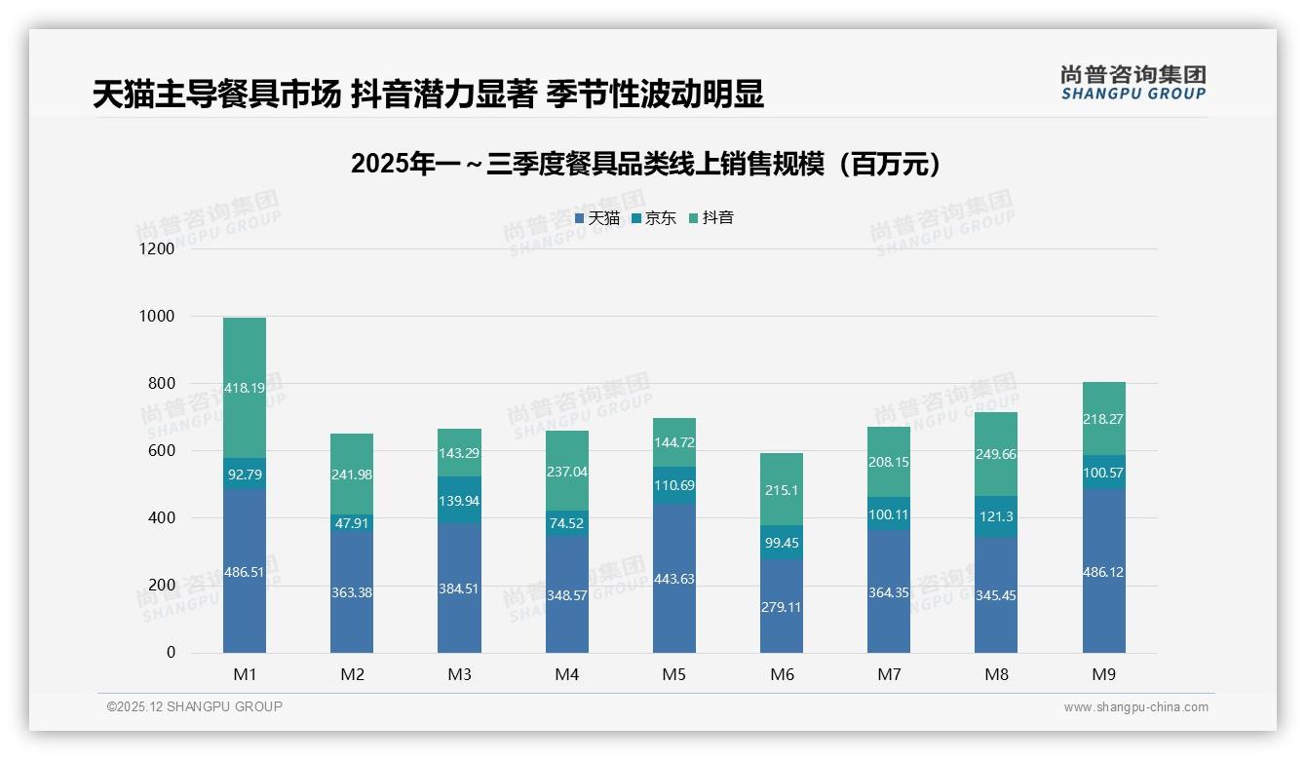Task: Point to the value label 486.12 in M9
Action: (1103, 572)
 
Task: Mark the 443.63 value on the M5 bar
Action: (674, 579)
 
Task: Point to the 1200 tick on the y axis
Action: (157, 248)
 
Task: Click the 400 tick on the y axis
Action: (161, 518)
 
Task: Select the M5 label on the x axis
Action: (674, 674)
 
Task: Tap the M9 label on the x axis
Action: (1103, 674)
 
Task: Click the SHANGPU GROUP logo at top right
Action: (1133, 83)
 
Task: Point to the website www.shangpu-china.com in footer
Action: (1135, 707)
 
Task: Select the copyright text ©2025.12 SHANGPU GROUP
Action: (195, 706)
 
